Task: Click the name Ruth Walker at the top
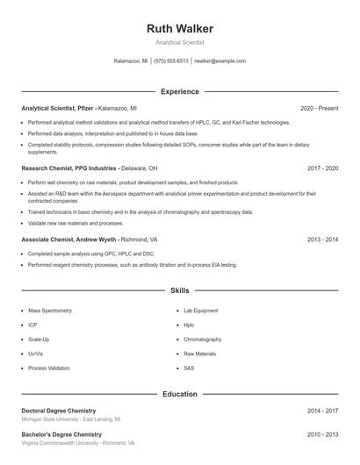point(179,28)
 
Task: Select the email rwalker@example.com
point(220,61)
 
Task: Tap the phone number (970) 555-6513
point(171,61)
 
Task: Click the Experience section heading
point(179,91)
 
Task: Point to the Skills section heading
point(179,290)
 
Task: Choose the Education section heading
point(179,394)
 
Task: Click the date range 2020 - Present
point(319,108)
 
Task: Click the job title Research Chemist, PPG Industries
point(69,168)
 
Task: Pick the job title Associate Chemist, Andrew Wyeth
point(70,239)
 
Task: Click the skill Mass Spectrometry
point(50,311)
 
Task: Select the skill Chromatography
point(202,340)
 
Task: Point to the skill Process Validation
point(48,368)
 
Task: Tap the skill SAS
point(189,368)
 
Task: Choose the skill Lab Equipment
point(200,311)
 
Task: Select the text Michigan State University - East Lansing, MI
point(71,419)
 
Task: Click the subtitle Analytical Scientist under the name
point(179,42)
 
